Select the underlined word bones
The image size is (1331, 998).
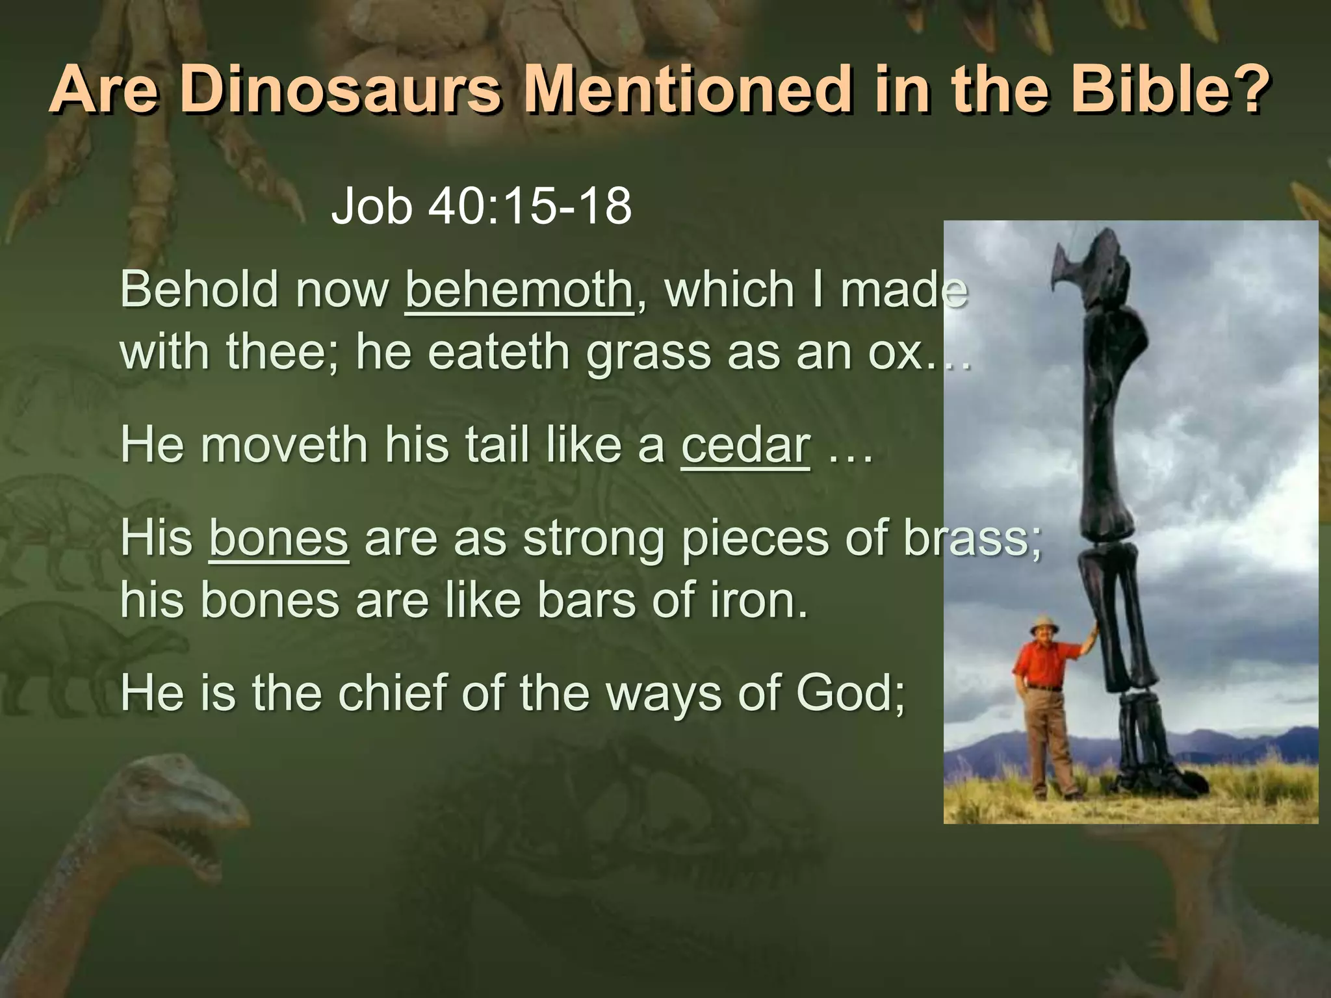pyautogui.click(x=279, y=539)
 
